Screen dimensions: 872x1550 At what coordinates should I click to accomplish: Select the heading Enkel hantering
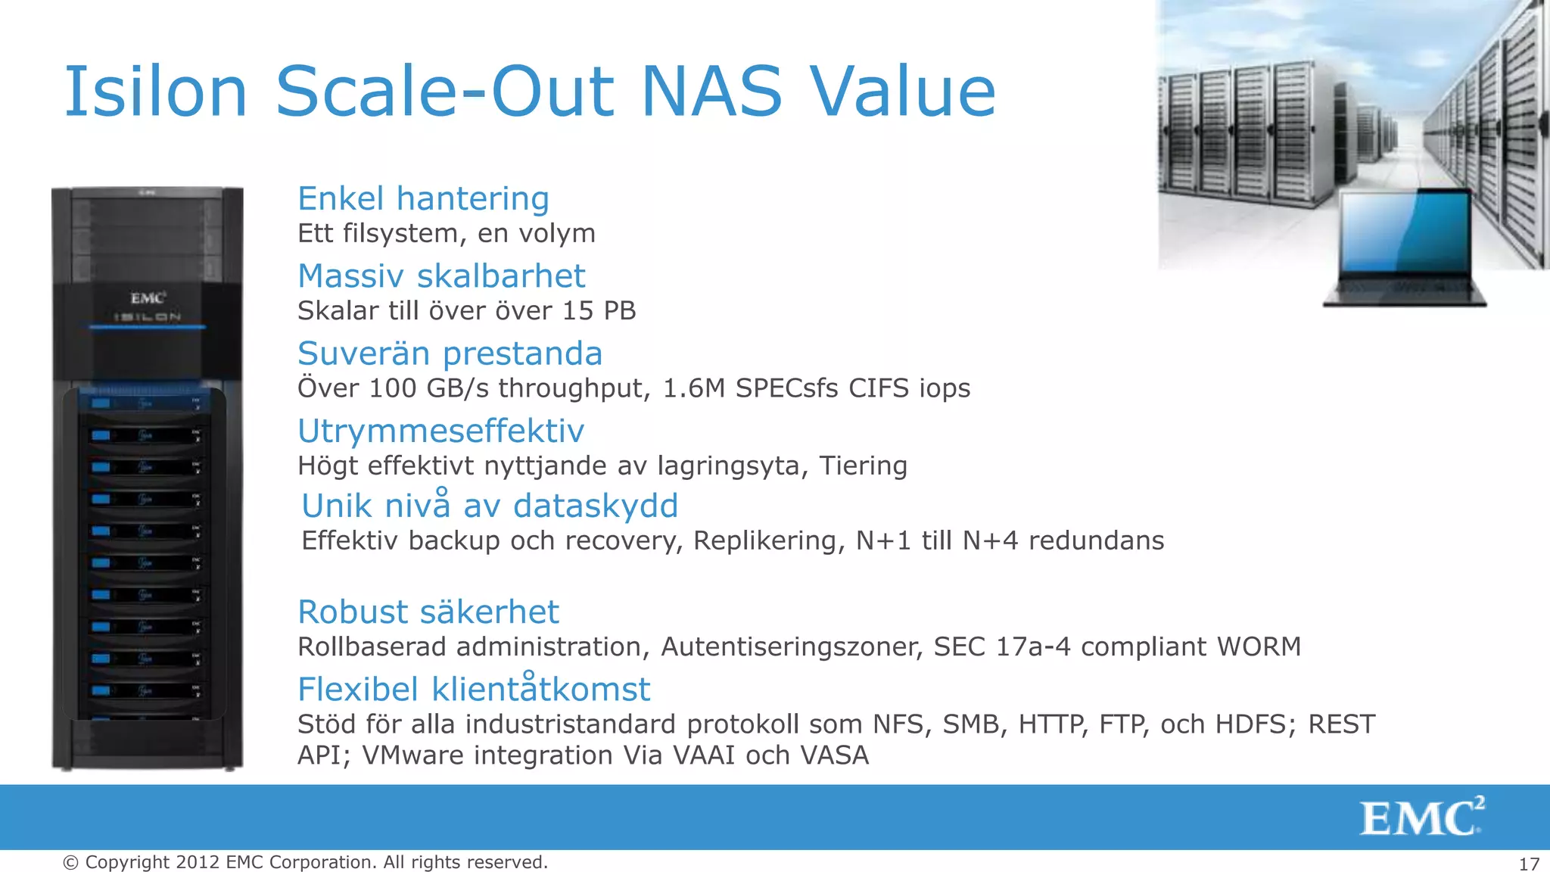pos(423,199)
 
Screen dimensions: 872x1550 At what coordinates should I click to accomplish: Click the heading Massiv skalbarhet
pos(441,276)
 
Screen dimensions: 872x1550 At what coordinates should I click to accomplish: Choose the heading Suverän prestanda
pos(450,353)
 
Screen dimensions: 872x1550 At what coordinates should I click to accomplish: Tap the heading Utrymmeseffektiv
pos(440,431)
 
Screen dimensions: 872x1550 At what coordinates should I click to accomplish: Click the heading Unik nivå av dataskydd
pos(490,506)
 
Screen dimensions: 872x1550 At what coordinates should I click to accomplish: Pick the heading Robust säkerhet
pos(428,612)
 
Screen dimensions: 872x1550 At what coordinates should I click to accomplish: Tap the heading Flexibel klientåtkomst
pos(474,690)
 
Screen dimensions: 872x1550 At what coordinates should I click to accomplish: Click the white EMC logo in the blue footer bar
pos(1421,817)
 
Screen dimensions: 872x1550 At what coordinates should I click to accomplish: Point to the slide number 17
pos(1529,864)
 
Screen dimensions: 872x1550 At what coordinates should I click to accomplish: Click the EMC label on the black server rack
pos(148,298)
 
